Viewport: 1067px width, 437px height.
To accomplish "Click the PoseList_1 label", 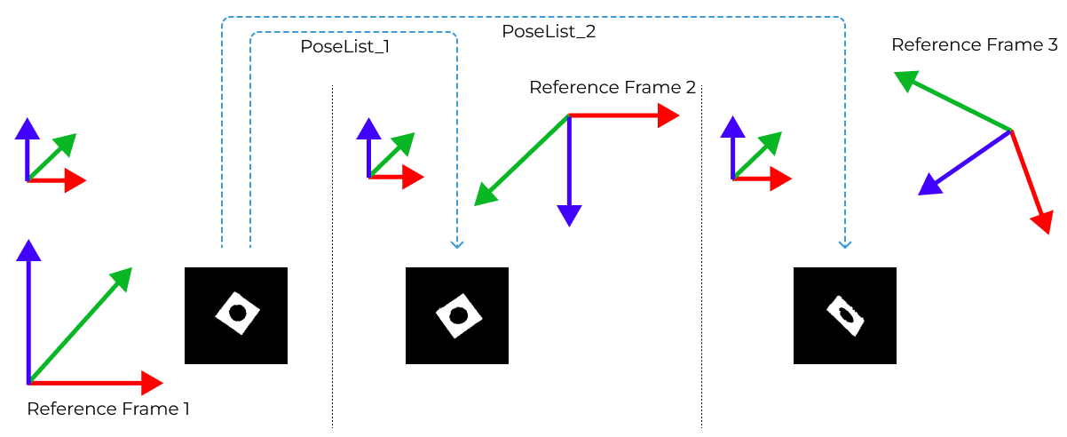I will [x=345, y=47].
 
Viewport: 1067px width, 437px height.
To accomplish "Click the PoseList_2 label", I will [x=549, y=32].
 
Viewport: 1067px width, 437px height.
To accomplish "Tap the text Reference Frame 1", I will [x=108, y=409].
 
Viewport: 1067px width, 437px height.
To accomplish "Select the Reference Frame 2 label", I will [x=613, y=87].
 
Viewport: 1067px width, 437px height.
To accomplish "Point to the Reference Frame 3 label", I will [x=975, y=44].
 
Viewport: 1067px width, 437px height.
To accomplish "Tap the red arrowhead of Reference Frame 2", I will [x=668, y=115].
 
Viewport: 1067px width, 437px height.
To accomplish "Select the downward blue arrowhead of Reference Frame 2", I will [x=569, y=215].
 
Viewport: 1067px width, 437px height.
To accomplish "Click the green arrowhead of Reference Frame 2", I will [x=485, y=195].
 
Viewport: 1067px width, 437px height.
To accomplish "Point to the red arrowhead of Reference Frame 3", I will [x=1043, y=222].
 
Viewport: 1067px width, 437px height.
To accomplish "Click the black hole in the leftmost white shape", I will [x=237, y=313].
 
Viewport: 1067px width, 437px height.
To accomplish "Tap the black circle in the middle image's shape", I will [x=458, y=315].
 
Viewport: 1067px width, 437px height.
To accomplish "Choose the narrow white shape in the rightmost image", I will [x=846, y=315].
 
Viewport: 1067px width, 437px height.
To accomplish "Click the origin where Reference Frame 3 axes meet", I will [x=1011, y=131].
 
